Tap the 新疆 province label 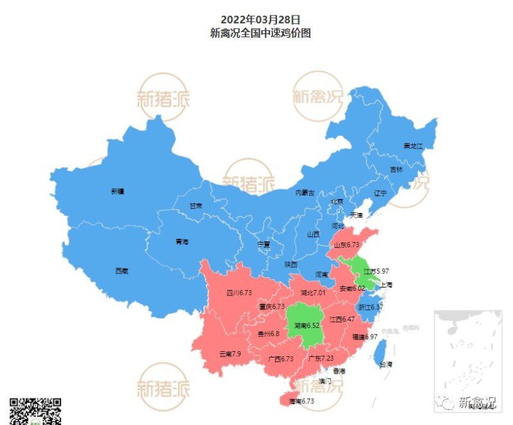tap(117, 191)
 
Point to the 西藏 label tap(122, 271)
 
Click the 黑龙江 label tap(413, 146)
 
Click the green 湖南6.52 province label tap(307, 325)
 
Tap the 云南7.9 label tap(230, 354)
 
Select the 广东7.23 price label tap(321, 358)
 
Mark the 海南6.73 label tap(301, 401)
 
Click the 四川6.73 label tap(239, 293)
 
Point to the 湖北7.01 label tap(313, 293)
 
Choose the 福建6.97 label tap(364, 336)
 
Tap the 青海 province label tap(182, 242)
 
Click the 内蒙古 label tap(305, 193)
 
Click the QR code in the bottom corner tap(35, 411)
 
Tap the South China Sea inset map tap(466, 360)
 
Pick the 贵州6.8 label tap(267, 334)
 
